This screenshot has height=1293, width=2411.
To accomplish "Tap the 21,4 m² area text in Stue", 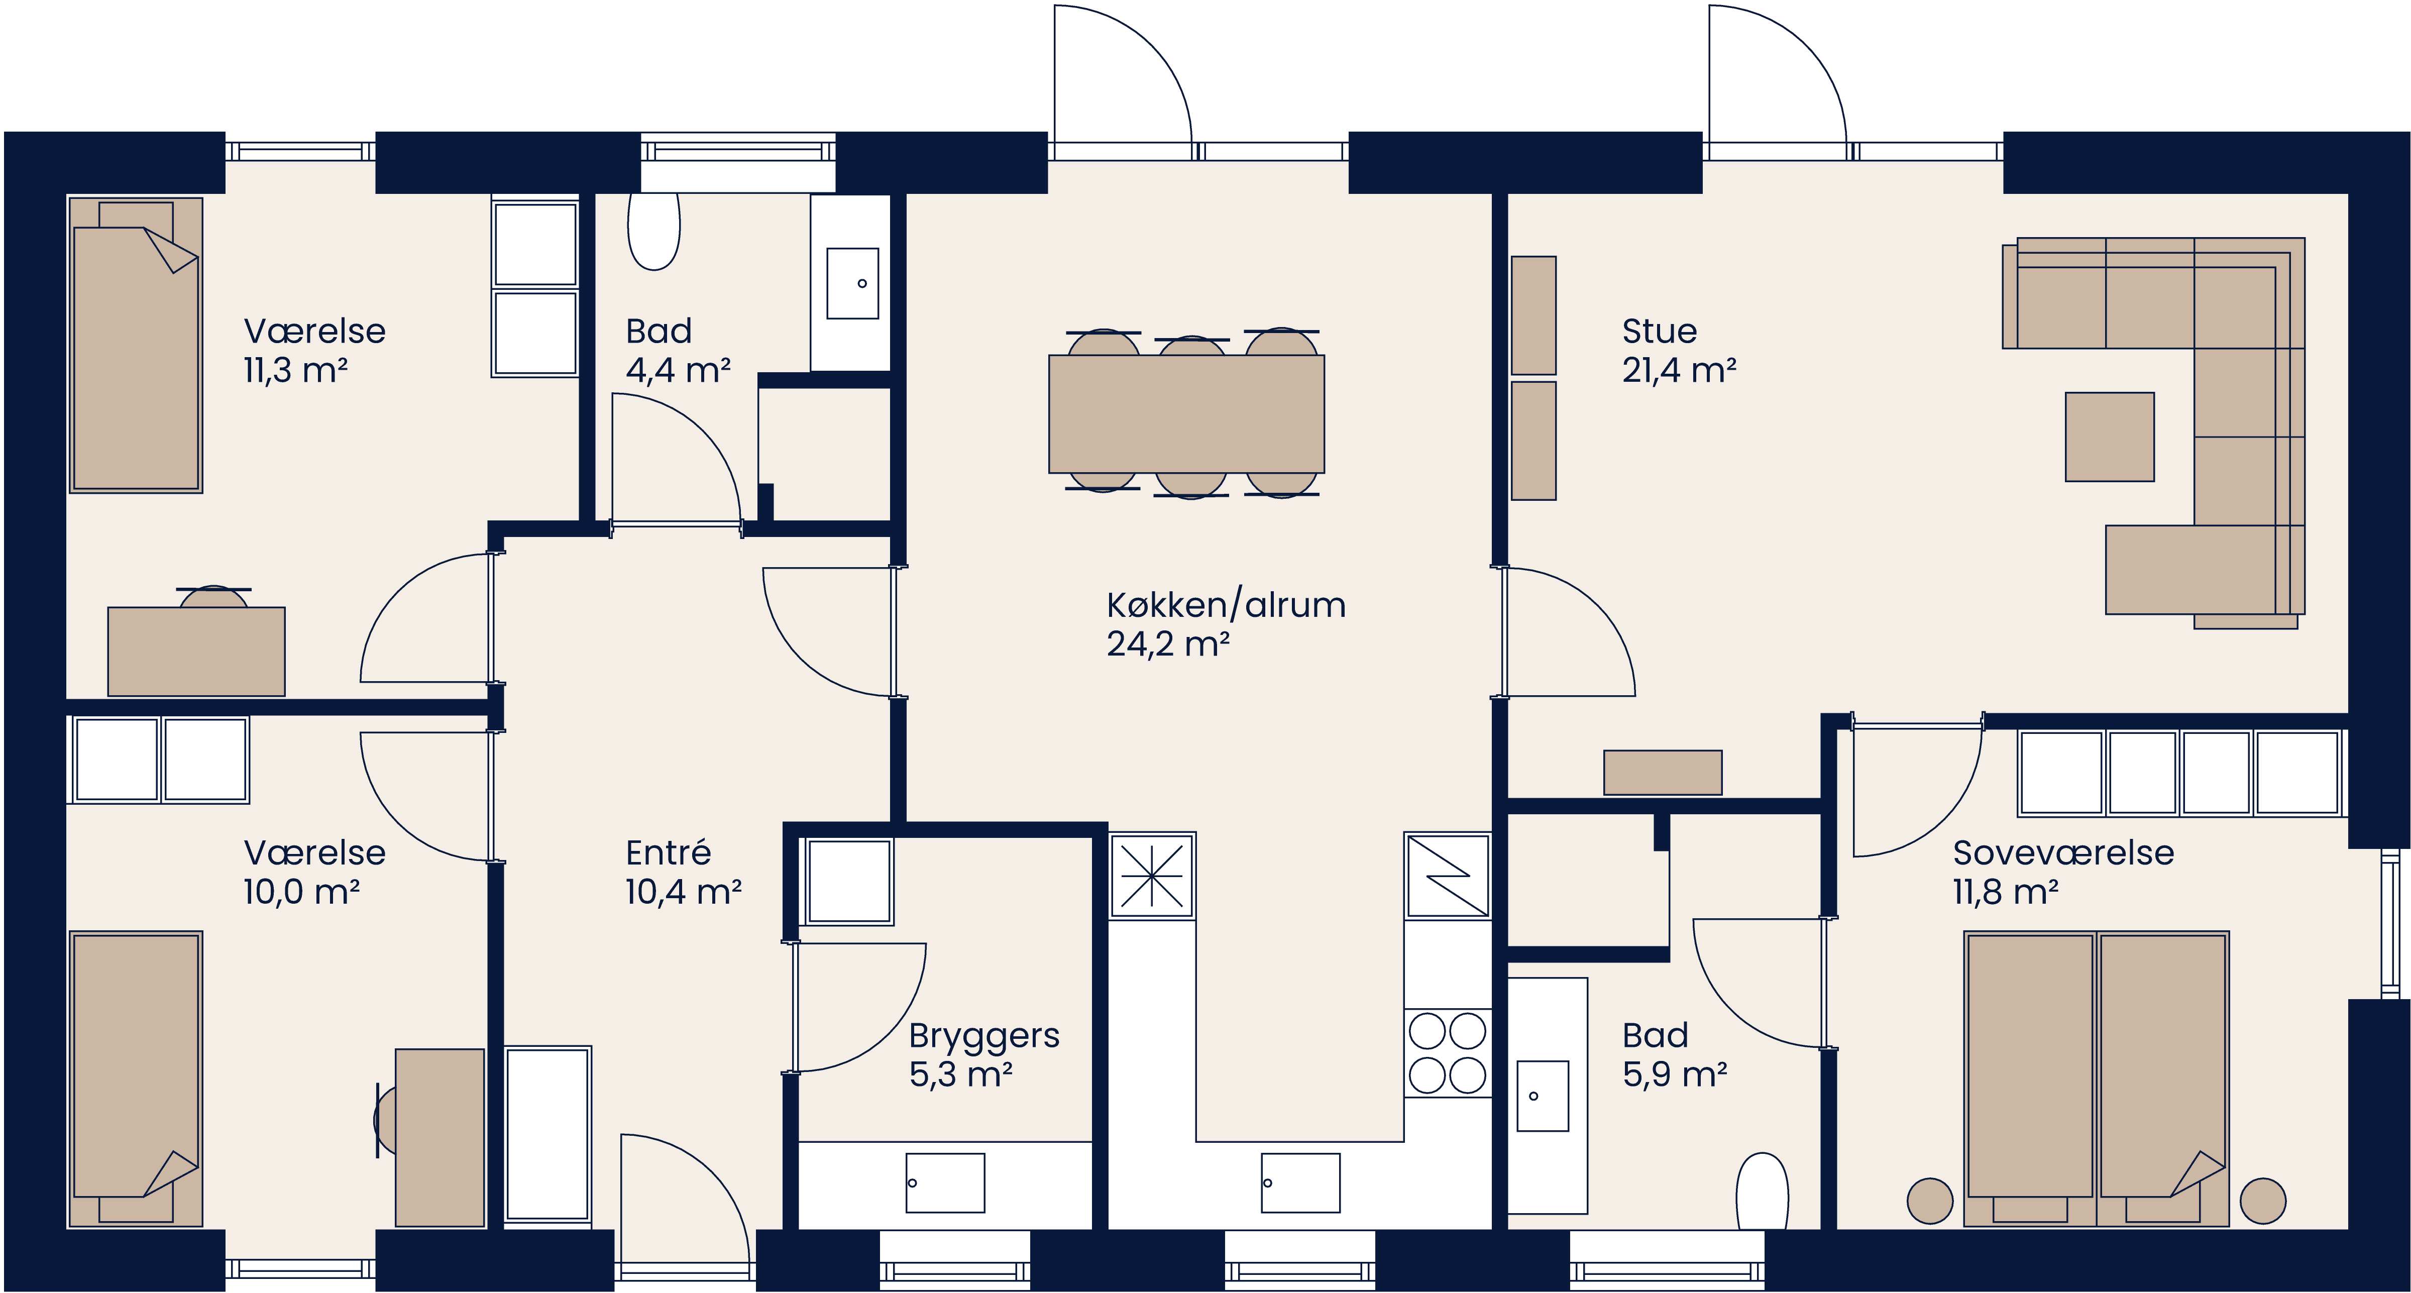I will click(x=1679, y=371).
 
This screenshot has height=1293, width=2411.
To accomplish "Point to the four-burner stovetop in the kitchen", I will click(x=1447, y=1053).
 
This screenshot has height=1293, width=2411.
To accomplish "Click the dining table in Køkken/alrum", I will click(x=1186, y=414).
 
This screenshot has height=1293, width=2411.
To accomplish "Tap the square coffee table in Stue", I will click(x=2110, y=437).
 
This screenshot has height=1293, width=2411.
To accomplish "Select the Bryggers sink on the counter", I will click(x=944, y=1182).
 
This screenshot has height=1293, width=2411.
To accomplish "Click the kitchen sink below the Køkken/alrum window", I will click(x=1300, y=1182).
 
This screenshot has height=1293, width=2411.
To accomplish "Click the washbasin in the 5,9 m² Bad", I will click(x=1542, y=1096).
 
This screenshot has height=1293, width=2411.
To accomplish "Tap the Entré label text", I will click(x=668, y=853).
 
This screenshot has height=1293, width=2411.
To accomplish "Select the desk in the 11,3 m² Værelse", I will click(x=196, y=651).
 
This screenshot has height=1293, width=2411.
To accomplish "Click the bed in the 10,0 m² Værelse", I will click(x=136, y=1076).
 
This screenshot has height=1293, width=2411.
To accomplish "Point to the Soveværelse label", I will click(x=2063, y=853).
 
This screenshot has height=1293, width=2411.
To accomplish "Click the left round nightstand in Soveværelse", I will click(x=1930, y=1200).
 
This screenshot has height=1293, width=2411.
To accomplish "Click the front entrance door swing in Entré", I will click(x=683, y=1199).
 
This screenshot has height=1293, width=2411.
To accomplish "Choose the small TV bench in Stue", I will click(x=1662, y=773).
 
